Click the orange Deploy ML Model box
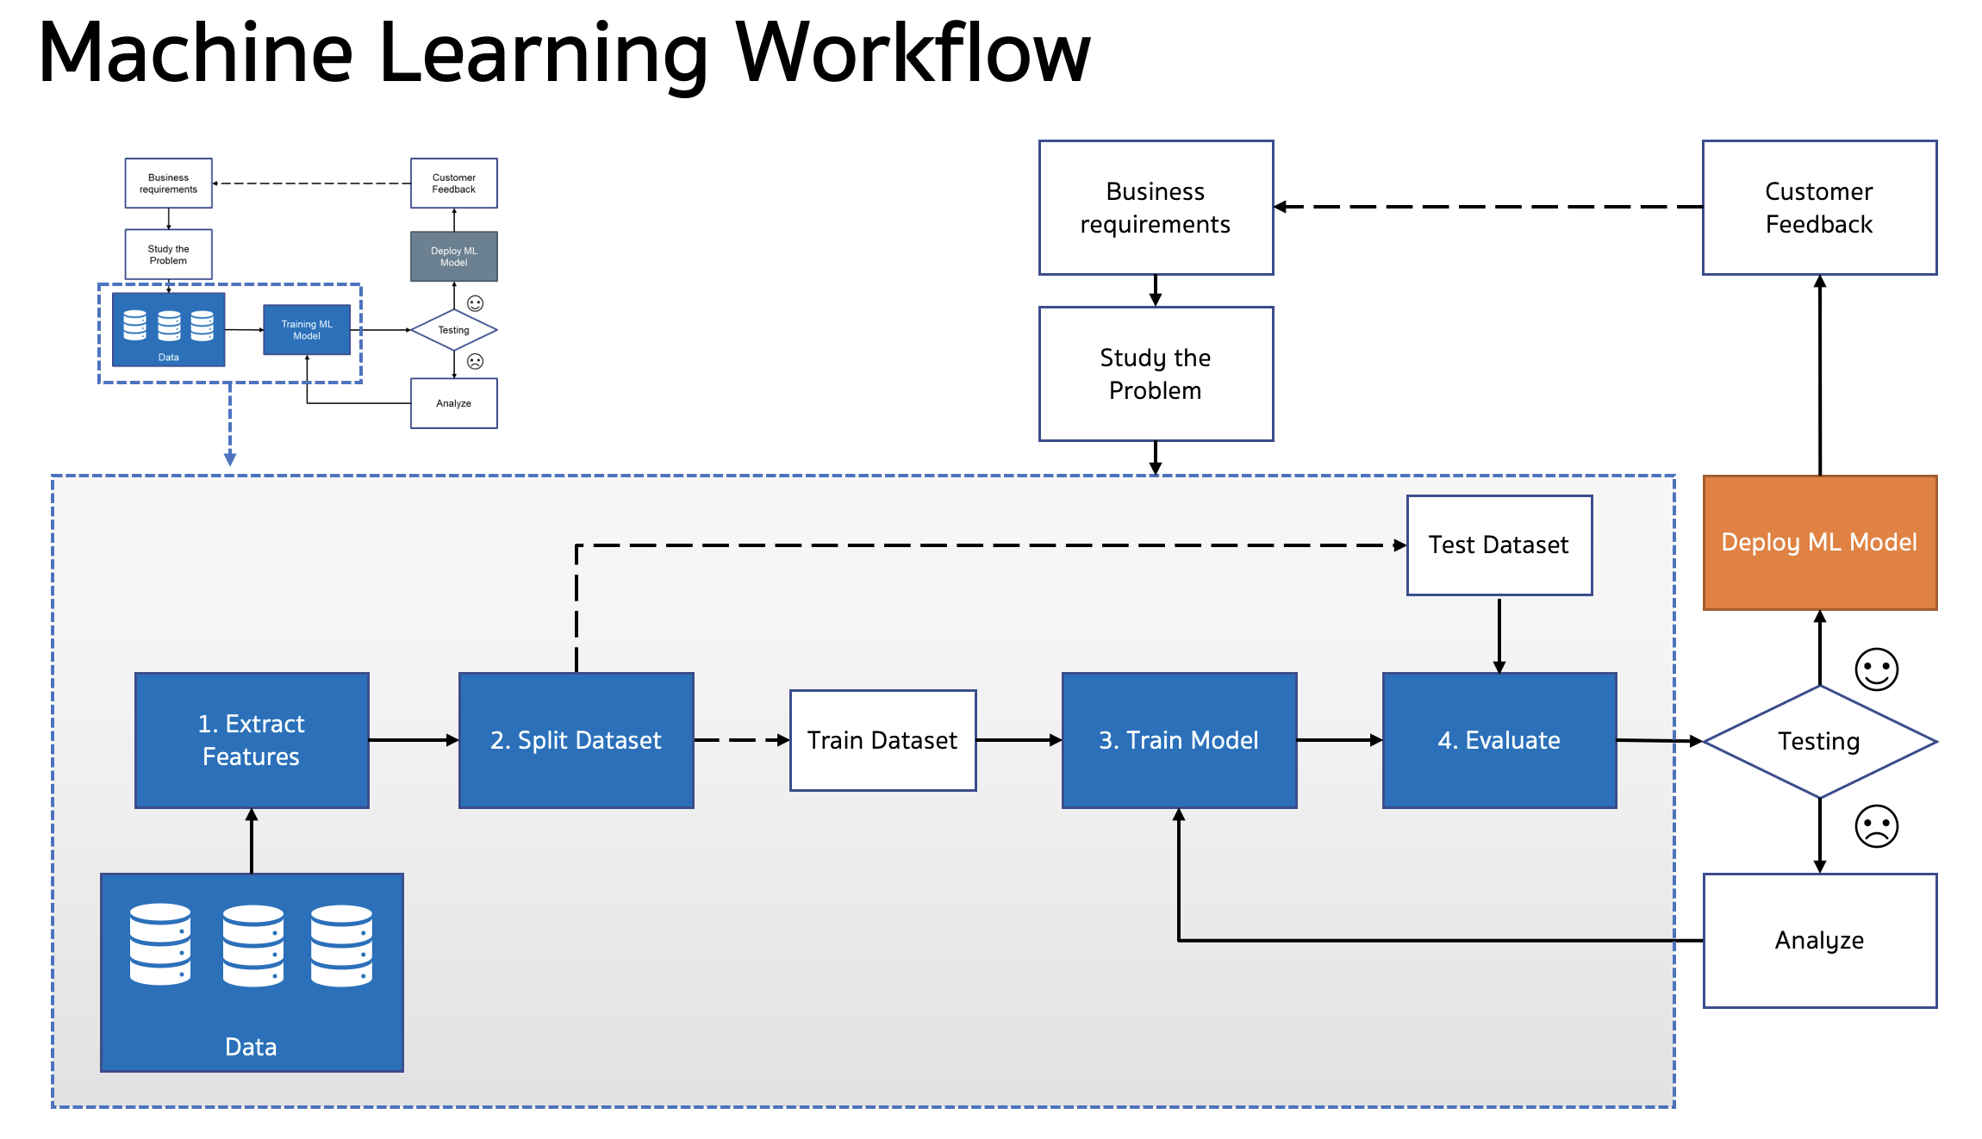click(1820, 543)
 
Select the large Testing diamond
click(1820, 742)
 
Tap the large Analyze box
click(1820, 941)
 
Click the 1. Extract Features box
click(252, 740)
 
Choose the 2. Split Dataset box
click(577, 740)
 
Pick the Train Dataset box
click(883, 740)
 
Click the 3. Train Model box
click(1179, 740)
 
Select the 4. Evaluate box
click(1499, 740)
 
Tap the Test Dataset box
click(1499, 545)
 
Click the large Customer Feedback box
click(1820, 208)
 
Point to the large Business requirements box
click(1156, 208)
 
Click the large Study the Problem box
click(1156, 374)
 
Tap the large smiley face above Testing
click(1877, 669)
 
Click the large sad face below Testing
click(1877, 826)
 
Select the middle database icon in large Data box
click(253, 945)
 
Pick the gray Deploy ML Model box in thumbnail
click(454, 257)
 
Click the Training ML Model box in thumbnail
click(307, 330)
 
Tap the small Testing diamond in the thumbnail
click(454, 330)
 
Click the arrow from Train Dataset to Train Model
click(1019, 740)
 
